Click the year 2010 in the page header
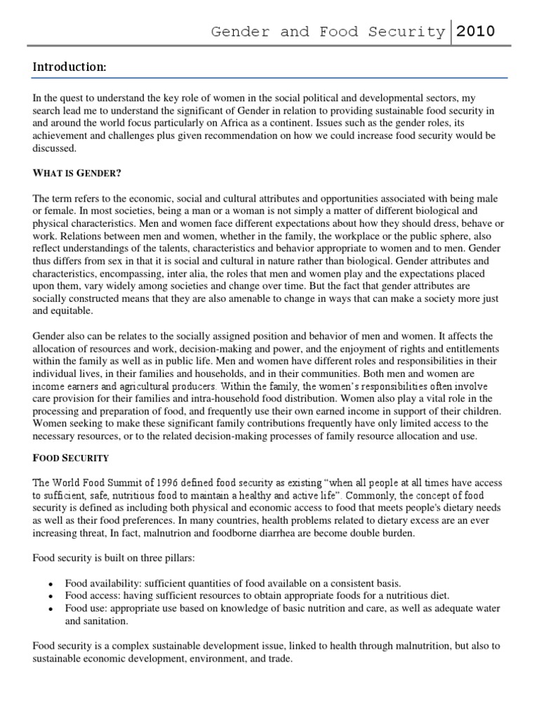coord(476,32)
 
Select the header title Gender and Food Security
coord(328,32)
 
